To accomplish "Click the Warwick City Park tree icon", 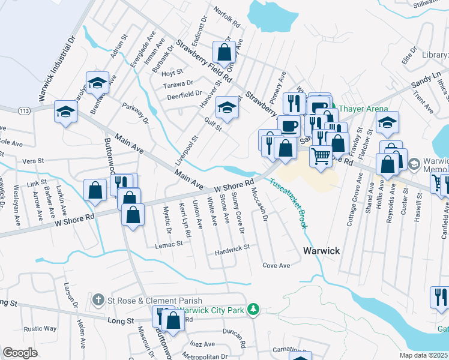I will [255, 308].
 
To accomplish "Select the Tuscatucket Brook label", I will [288, 205].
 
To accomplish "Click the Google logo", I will [20, 353].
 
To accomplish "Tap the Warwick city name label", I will [321, 251].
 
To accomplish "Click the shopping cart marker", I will [321, 156].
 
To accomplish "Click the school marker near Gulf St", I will [226, 107].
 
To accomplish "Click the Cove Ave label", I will [276, 265].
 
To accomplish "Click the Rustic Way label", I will [40, 329].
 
